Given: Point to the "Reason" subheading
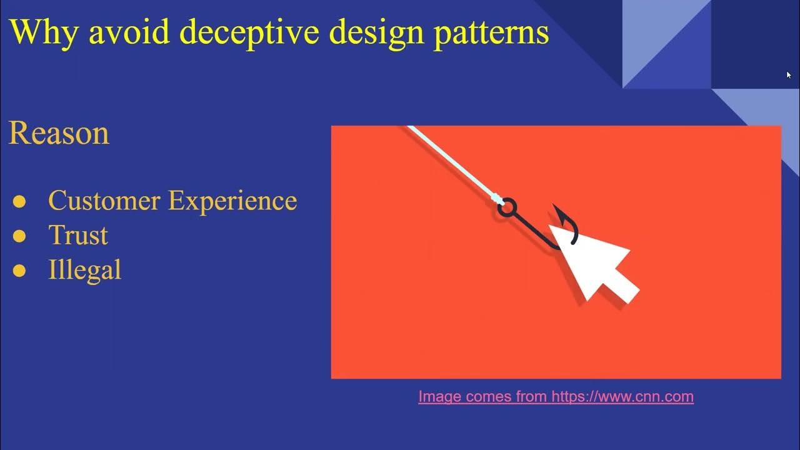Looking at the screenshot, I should pos(59,133).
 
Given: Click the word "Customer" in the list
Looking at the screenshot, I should pos(104,201).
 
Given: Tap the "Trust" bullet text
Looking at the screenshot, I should pos(78,236).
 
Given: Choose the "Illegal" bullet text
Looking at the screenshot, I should pos(84,270).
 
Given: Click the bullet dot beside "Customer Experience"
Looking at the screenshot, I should pos(19,201).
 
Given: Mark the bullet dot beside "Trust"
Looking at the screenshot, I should pos(19,236).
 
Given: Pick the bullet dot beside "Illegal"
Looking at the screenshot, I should pos(19,270).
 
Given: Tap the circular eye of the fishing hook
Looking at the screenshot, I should pos(507,207).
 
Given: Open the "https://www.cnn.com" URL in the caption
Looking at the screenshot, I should pos(622,396).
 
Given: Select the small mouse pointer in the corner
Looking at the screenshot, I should pos(789,75).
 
